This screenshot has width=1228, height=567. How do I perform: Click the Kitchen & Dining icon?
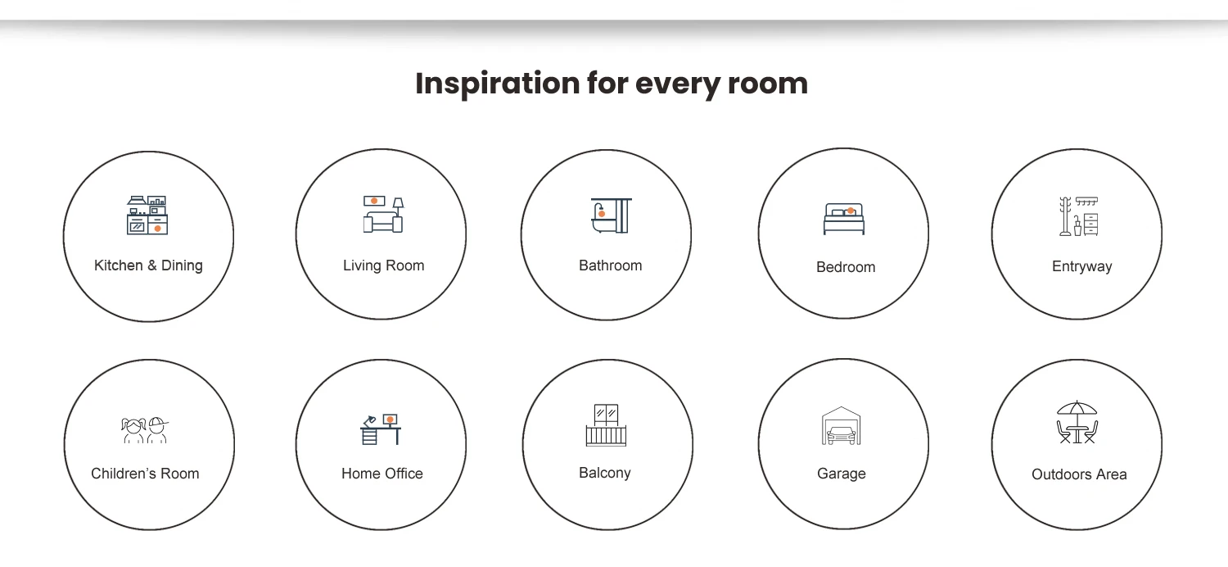[x=147, y=215]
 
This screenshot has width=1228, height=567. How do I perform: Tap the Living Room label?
[x=384, y=265]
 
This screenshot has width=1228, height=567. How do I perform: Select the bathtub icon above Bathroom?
[x=612, y=215]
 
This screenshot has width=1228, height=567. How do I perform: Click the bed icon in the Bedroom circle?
[x=844, y=219]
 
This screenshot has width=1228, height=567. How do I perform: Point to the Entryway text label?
[x=1081, y=267]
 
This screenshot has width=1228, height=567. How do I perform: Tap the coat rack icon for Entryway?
[x=1078, y=216]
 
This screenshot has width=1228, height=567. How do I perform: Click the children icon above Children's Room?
[x=145, y=430]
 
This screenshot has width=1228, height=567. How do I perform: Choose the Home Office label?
[x=382, y=473]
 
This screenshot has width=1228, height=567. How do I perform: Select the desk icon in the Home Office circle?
[x=381, y=429]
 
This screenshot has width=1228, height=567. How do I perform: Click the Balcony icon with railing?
[x=606, y=425]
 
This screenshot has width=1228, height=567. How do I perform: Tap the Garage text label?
[x=842, y=473]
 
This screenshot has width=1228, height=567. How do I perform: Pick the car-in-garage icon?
[x=842, y=425]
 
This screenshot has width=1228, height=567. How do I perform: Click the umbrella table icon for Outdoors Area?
[x=1077, y=421]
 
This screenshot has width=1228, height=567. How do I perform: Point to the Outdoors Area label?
[x=1079, y=474]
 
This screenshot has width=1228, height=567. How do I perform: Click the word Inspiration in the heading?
[x=497, y=84]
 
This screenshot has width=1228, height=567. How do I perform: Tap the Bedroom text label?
[x=846, y=267]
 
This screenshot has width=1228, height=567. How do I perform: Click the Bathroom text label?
[x=610, y=265]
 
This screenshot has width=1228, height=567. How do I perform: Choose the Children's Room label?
[x=145, y=473]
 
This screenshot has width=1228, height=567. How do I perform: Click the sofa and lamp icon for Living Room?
[x=383, y=214]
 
